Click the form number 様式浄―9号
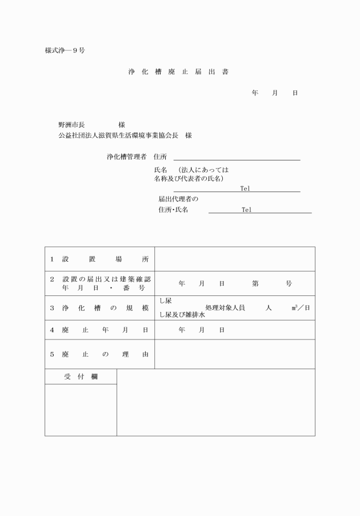tap(65, 50)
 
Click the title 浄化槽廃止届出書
tap(179, 73)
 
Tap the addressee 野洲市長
tap(71, 125)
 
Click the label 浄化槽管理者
tap(126, 157)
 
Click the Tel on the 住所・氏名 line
tap(246, 210)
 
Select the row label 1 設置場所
tap(99, 259)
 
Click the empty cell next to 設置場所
tap(235, 259)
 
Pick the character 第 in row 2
tap(255, 283)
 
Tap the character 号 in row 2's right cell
tap(289, 283)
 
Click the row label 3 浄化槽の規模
tap(99, 308)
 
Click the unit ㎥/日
tap(301, 308)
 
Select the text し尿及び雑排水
tap(182, 315)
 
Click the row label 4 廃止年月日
tap(99, 330)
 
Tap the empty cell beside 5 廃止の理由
tap(235, 354)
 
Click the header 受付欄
tap(81, 377)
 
